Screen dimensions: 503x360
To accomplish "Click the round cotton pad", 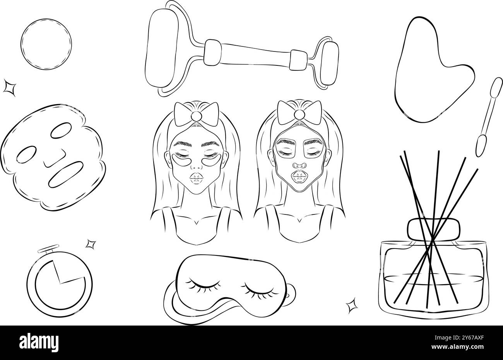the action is [46, 44].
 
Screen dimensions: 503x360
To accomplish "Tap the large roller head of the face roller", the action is [162, 48].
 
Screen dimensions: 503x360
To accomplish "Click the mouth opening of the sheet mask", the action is [66, 174].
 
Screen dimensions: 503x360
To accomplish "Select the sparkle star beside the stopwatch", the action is [91, 244].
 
